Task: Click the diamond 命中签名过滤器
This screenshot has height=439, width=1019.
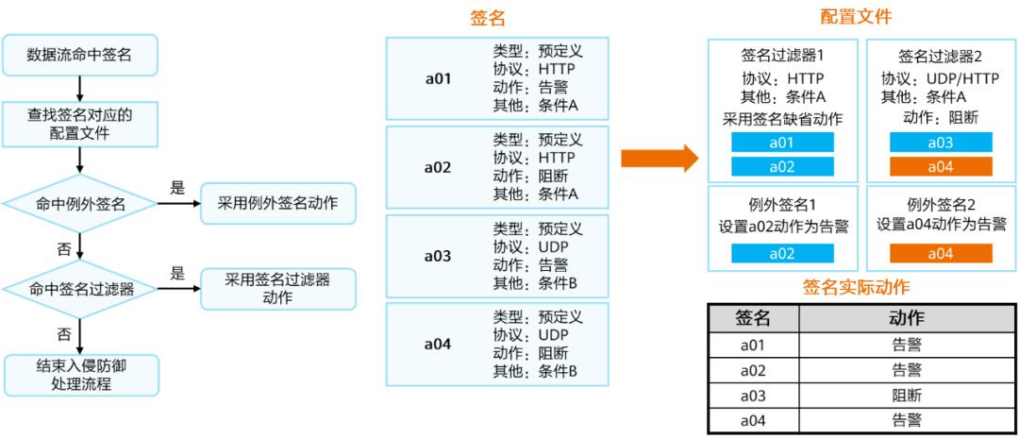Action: tap(80, 288)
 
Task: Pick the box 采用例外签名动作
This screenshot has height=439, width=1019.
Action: tap(278, 203)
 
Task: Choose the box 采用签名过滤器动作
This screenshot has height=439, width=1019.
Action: tap(278, 288)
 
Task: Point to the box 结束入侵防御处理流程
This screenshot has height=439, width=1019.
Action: tap(80, 375)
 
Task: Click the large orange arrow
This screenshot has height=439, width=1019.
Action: tap(659, 158)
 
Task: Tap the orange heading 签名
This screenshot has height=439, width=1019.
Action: tap(488, 18)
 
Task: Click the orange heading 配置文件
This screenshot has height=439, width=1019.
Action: tap(856, 16)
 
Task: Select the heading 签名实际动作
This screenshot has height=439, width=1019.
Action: tap(856, 287)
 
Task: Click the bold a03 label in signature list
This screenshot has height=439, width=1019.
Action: tap(437, 257)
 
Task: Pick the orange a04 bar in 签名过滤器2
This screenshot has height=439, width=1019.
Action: tap(941, 167)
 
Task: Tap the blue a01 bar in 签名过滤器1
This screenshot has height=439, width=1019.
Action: tap(783, 143)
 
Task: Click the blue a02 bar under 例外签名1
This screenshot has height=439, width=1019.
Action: tap(783, 253)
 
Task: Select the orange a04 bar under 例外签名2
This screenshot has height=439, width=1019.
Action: tap(941, 253)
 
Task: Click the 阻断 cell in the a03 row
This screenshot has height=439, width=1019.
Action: tap(907, 395)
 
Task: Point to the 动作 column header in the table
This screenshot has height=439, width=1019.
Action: tap(907, 319)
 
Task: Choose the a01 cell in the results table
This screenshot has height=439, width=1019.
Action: tap(752, 346)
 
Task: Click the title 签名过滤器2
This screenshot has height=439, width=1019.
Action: tap(941, 56)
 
